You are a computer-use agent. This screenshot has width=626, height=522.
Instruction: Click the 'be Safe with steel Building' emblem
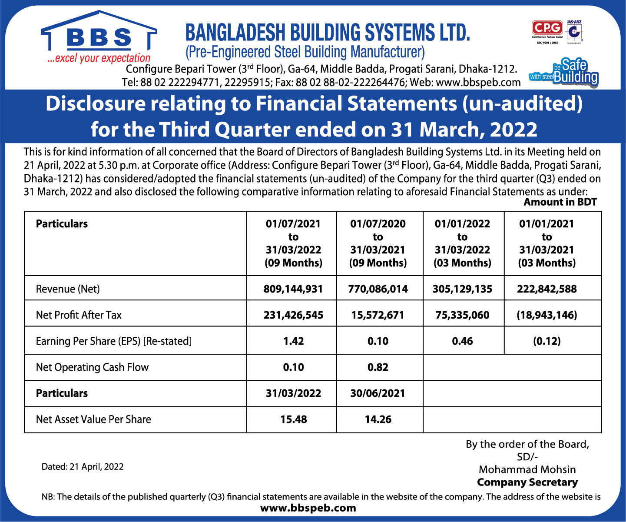564,72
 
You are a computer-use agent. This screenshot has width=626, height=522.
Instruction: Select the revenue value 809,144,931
293,289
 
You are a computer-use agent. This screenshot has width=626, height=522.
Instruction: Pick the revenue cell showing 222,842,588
547,289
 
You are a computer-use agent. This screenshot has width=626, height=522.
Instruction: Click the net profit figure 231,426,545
293,315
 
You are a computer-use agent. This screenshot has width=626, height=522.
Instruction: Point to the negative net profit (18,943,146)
547,315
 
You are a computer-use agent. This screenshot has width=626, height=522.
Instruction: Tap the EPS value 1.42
293,341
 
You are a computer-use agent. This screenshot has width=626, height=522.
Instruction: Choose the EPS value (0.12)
547,341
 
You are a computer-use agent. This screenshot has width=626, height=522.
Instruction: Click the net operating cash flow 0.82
378,367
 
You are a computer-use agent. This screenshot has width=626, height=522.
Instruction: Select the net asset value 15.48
293,419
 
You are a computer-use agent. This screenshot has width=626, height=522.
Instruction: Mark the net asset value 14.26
378,419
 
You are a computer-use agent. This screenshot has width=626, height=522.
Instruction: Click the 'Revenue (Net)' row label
68,289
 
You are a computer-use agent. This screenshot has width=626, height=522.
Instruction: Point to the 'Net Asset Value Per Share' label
93,419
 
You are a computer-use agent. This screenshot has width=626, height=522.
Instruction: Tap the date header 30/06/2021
378,393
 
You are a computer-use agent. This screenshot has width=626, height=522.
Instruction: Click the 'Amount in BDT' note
560,202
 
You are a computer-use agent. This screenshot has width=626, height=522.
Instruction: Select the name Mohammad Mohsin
527,469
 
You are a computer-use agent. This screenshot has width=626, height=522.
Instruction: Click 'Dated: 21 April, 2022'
83,467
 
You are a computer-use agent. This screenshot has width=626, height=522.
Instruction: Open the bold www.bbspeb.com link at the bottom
308,508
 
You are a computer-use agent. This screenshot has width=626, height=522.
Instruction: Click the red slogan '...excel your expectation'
99,58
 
